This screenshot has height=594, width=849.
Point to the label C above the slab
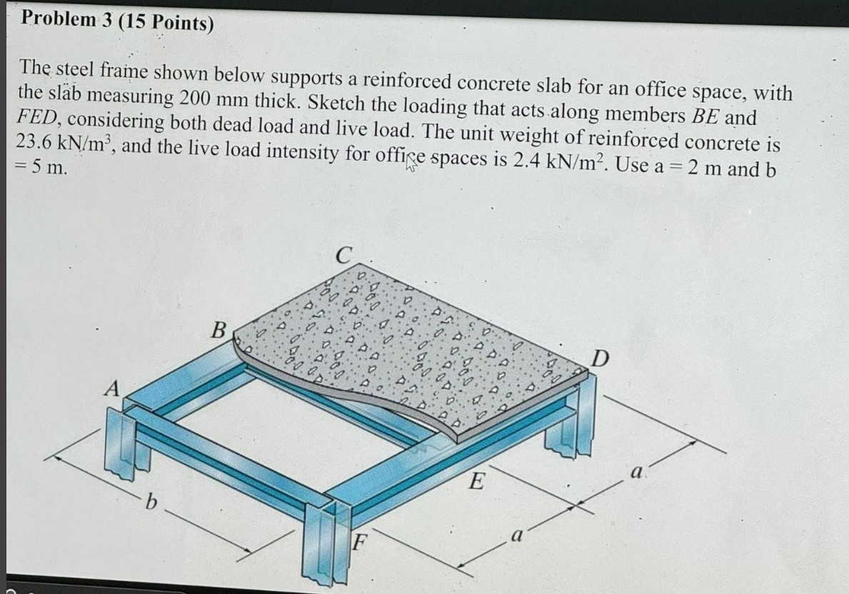tap(343, 255)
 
